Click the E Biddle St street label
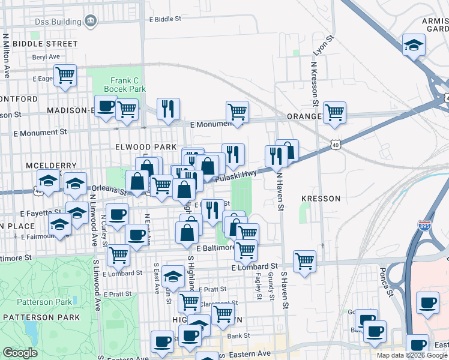pos(164,19)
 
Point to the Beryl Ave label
pos(47,57)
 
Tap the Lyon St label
pos(322,46)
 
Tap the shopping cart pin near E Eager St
pos(65,76)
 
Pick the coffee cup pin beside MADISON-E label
pos(106,107)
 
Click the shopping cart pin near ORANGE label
pos(334,112)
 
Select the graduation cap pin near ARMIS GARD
pos(413,46)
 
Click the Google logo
pos(20,353)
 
